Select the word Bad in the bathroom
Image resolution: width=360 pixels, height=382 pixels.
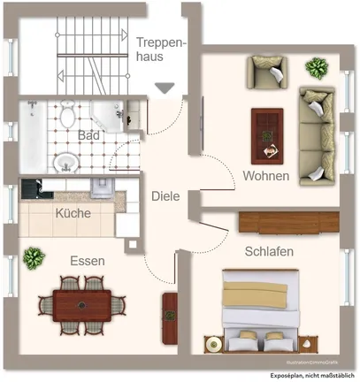[x=88, y=136]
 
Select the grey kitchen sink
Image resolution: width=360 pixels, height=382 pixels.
[x=100, y=187]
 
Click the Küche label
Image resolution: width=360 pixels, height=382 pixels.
[x=73, y=214]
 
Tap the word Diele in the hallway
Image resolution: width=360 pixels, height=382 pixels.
[x=165, y=197]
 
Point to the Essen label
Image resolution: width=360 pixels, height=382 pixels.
[x=88, y=261]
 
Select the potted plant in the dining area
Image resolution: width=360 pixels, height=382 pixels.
[x=34, y=258]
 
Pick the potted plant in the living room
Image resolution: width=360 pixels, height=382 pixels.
[x=316, y=67]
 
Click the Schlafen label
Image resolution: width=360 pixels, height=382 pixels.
[x=270, y=252]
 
